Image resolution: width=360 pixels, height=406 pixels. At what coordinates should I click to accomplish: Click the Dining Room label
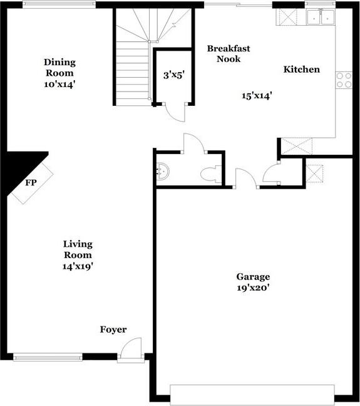pyautogui.click(x=59, y=68)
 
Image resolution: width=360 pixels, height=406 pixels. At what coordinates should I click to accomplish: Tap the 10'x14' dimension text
pyautogui.click(x=59, y=85)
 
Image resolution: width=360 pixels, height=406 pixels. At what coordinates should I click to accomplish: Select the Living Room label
pyautogui.click(x=78, y=249)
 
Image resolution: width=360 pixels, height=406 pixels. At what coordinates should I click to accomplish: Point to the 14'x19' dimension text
pyautogui.click(x=78, y=266)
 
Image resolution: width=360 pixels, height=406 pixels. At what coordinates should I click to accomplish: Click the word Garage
pyautogui.click(x=253, y=277)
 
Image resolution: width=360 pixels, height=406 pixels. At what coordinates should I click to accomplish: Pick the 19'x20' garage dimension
pyautogui.click(x=253, y=288)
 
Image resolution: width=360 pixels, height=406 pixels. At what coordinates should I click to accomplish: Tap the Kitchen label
pyautogui.click(x=302, y=70)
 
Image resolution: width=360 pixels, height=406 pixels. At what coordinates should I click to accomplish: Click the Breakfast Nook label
pyautogui.click(x=229, y=54)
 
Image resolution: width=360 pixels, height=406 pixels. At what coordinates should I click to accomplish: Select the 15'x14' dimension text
pyautogui.click(x=257, y=95)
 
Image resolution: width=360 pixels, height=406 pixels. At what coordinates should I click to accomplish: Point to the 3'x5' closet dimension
pyautogui.click(x=174, y=75)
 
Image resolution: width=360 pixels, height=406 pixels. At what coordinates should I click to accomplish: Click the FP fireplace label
pyautogui.click(x=31, y=183)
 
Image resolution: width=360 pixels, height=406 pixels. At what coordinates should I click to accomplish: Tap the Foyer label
pyautogui.click(x=113, y=330)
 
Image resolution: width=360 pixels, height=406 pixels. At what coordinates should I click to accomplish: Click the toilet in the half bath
pyautogui.click(x=211, y=174)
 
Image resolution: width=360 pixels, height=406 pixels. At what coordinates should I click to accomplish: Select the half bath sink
pyautogui.click(x=163, y=171)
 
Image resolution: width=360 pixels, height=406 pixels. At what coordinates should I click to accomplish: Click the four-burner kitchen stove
pyautogui.click(x=344, y=80)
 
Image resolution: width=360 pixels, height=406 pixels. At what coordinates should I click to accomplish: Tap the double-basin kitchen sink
pyautogui.click(x=321, y=17)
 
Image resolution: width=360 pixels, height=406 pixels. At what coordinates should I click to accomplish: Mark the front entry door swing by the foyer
pyautogui.click(x=131, y=347)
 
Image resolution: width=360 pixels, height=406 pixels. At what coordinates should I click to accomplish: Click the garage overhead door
pyautogui.click(x=252, y=394)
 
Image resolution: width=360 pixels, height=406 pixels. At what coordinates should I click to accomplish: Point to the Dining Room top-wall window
pyautogui.click(x=59, y=4)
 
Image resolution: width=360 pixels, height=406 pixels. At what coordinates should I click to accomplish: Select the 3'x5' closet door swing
pyautogui.click(x=175, y=112)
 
